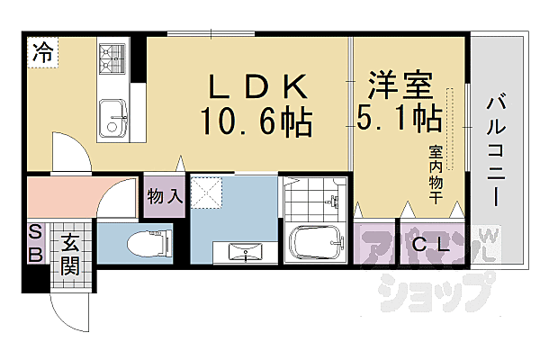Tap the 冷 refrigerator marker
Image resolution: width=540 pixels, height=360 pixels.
pyautogui.click(x=42, y=52)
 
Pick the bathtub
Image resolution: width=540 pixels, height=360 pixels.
pyautogui.click(x=314, y=241)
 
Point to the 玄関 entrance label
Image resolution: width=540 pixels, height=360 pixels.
pyautogui.click(x=69, y=254)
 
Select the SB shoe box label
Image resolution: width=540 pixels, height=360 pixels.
pyautogui.click(x=36, y=243)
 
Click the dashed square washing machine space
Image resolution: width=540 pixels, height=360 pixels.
pyautogui.click(x=209, y=192)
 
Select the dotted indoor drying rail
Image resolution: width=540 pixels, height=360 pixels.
pyautogui.click(x=453, y=126)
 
